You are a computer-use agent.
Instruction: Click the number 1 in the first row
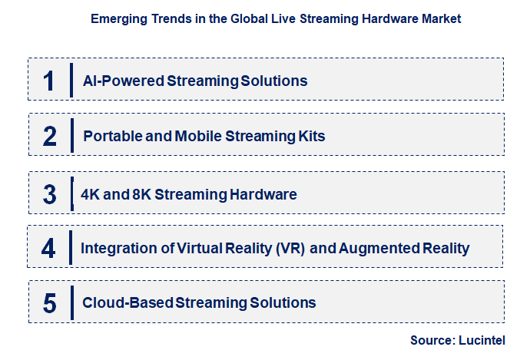coord(50,81)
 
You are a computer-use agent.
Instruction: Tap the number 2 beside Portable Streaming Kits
coord(50,137)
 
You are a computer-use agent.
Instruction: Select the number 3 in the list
coord(50,193)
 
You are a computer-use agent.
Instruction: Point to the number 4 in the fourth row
coord(50,249)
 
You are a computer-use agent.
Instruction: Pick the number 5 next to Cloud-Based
coord(50,304)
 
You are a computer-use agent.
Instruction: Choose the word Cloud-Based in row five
coord(128,303)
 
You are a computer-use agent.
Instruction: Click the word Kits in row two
coord(313,137)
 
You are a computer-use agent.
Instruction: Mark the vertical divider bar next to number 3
coord(71,193)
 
